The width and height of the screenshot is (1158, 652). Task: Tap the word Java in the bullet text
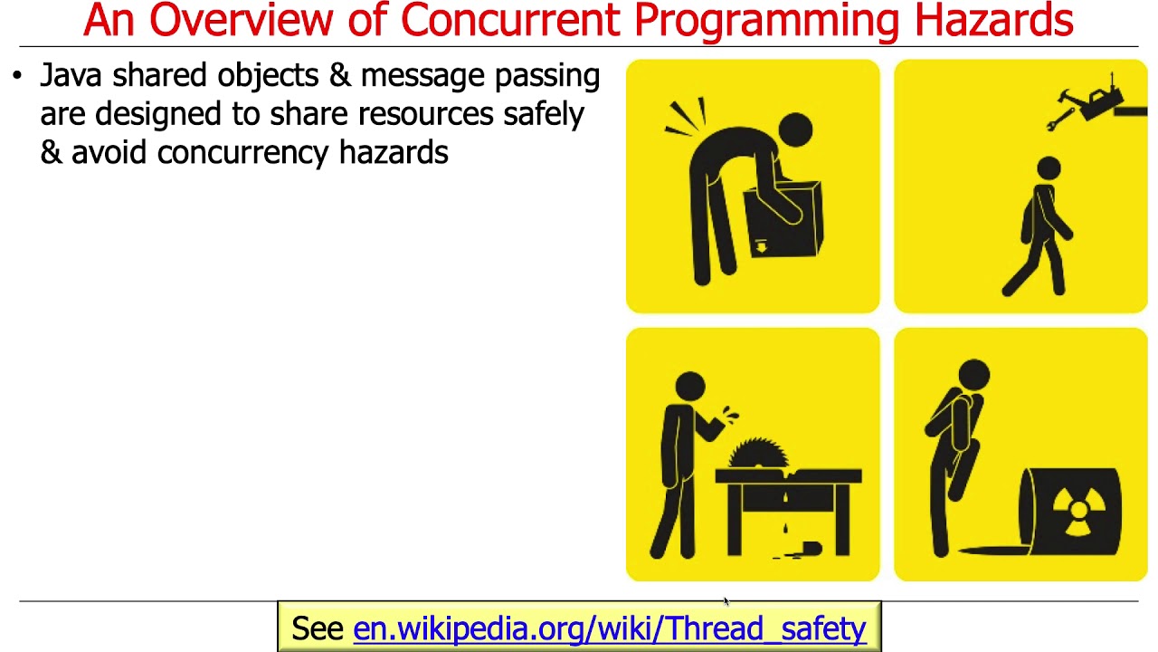(70, 76)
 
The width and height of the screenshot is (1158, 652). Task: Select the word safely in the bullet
(552, 115)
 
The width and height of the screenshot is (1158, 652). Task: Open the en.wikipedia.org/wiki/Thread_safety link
(609, 628)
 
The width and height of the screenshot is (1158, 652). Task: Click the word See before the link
(318, 628)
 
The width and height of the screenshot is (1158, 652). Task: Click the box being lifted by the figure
(783, 218)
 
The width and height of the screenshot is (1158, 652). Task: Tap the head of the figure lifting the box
(795, 129)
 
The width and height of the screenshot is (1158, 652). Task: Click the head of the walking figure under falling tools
(1049, 168)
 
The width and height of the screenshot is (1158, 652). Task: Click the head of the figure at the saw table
(690, 386)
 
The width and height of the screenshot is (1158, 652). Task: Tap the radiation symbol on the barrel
(1077, 511)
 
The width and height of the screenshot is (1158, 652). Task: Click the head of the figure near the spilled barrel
(973, 373)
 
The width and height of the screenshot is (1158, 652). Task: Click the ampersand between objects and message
(340, 76)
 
